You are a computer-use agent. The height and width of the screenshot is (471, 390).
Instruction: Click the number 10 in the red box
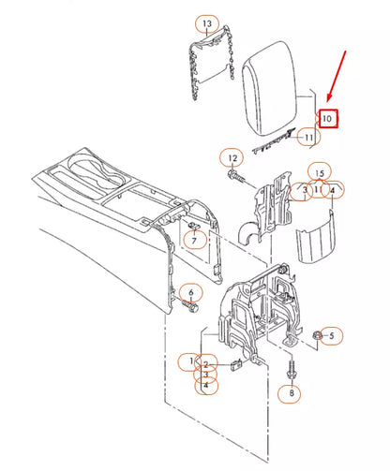[326, 119]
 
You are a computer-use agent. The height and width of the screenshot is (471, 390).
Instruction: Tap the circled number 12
[231, 156]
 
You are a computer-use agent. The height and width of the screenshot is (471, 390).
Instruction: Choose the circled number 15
[319, 174]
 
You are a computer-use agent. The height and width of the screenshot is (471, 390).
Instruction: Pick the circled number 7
[194, 241]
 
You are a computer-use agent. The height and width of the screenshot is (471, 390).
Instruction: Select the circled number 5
[336, 334]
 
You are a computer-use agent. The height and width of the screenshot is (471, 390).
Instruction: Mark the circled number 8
[291, 393]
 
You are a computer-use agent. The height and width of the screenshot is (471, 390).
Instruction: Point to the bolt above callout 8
[291, 369]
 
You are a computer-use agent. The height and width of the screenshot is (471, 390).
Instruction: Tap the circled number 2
[208, 365]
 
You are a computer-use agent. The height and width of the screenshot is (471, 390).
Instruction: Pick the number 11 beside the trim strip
[307, 138]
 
